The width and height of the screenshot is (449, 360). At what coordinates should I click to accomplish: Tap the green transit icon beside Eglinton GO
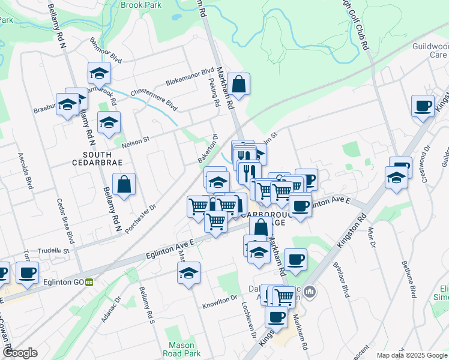pos(89,281)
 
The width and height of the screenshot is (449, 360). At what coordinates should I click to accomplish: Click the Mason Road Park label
pos(181,349)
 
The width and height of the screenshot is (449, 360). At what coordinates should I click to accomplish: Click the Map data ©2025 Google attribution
pos(412,355)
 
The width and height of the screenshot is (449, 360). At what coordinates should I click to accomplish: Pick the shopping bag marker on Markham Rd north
pos(238,85)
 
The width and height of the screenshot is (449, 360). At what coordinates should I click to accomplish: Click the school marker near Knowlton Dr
pos(188,273)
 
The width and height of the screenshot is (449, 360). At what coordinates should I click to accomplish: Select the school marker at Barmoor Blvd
pos(99,74)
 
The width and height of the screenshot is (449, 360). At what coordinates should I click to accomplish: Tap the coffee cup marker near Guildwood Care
pos(423,106)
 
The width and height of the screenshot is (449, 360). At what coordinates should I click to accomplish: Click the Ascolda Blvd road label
pos(25,170)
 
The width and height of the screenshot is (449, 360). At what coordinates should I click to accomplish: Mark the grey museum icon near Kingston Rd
pos(310,292)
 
